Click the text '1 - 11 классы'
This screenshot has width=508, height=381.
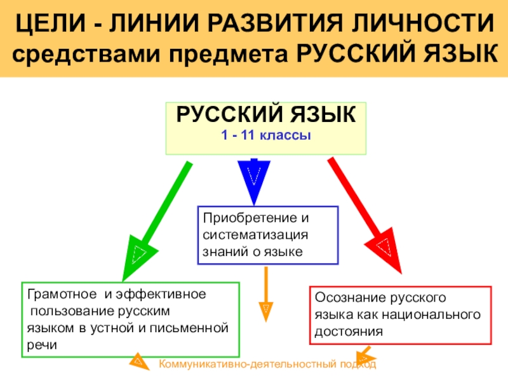pyautogui.click(x=266, y=135)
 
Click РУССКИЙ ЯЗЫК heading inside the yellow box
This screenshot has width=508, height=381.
pyautogui.click(x=266, y=116)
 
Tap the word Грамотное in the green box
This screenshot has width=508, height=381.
pyautogui.click(x=53, y=295)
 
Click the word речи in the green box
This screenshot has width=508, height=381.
pyautogui.click(x=42, y=344)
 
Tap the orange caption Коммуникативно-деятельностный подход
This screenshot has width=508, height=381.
pyautogui.click(x=267, y=364)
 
